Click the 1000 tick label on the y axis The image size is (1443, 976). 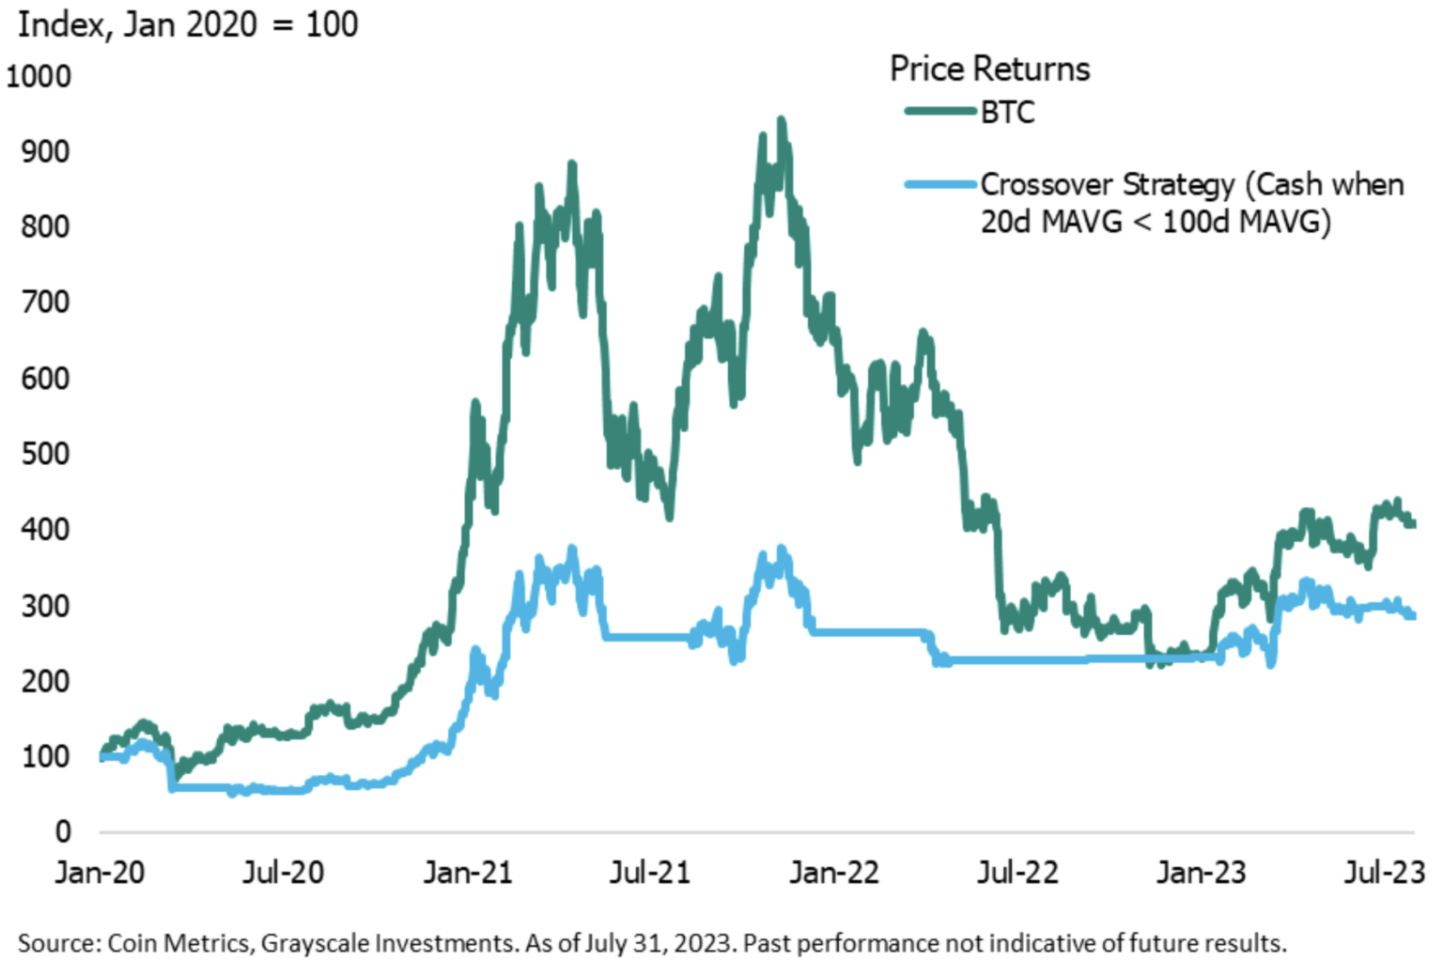39,77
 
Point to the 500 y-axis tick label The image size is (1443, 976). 45,454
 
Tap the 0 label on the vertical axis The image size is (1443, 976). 63,831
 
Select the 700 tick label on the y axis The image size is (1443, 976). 45,302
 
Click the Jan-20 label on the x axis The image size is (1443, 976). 100,873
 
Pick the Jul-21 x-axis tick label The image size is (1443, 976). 650,873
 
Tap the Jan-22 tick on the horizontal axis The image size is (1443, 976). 834,873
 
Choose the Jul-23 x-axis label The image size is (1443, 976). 1385,873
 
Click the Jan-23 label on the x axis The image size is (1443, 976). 1202,873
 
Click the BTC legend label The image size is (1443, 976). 1007,113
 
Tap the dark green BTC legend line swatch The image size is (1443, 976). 940,111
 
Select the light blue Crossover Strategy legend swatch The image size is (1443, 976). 940,185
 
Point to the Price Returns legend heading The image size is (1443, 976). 990,69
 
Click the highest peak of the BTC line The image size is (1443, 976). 782,120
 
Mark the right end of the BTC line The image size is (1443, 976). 1413,523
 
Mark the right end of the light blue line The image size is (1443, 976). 1413,616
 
